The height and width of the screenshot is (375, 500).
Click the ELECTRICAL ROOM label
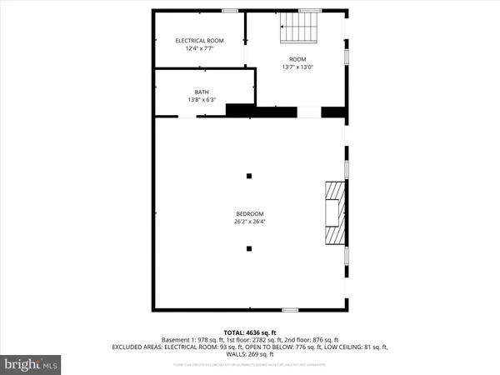(198, 41)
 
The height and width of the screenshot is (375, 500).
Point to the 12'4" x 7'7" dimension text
(198, 49)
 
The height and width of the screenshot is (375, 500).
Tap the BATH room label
(202, 92)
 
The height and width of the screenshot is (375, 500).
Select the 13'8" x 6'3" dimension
(202, 101)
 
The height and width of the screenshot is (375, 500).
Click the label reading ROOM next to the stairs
(297, 59)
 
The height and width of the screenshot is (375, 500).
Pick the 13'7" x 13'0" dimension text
(297, 67)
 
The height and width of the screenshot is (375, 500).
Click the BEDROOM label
(249, 213)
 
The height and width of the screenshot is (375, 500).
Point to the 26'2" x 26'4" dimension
(249, 222)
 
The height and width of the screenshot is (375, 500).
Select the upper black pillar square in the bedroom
(248, 176)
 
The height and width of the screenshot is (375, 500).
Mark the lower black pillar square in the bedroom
(248, 248)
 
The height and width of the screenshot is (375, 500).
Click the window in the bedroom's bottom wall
(290, 309)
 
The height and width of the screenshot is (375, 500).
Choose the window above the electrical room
(228, 10)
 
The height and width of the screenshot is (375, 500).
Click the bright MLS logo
(32, 363)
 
